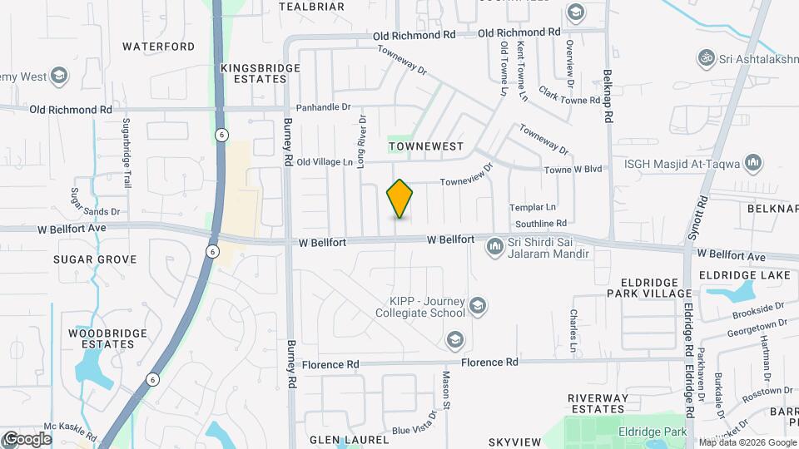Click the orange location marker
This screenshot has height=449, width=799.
pyautogui.click(x=400, y=199)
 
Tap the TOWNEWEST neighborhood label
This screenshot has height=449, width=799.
pyautogui.click(x=425, y=146)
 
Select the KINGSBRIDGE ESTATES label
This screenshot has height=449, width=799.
pyautogui.click(x=254, y=72)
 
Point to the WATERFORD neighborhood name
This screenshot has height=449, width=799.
pyautogui.click(x=159, y=47)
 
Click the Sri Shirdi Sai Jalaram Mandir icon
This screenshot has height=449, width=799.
pyautogui.click(x=495, y=244)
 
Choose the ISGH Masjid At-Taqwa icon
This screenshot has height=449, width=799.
pyautogui.click(x=754, y=161)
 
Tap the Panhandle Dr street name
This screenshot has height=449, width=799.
pyautogui.click(x=325, y=107)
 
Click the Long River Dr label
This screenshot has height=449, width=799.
pyautogui.click(x=362, y=141)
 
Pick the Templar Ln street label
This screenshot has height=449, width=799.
pyautogui.click(x=533, y=207)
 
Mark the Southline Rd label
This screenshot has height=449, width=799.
pyautogui.click(x=540, y=224)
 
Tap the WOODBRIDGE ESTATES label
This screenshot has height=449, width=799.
pyautogui.click(x=102, y=338)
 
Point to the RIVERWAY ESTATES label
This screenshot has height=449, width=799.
pyautogui.click(x=598, y=403)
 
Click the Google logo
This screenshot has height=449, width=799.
pyautogui.click(x=27, y=438)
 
